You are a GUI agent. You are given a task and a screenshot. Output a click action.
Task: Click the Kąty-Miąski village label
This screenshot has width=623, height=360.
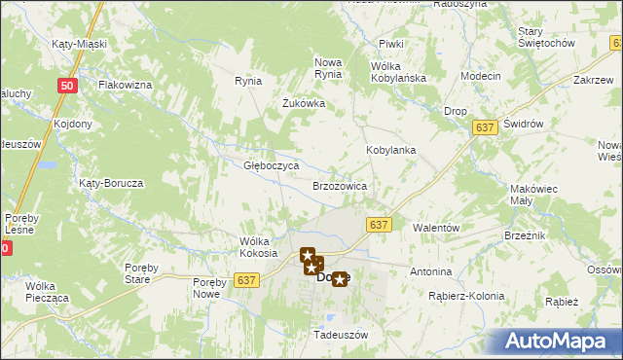78,45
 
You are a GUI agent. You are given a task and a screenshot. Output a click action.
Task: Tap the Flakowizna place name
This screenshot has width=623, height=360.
124,86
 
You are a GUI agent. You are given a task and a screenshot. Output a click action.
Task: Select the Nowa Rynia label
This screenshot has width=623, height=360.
328,68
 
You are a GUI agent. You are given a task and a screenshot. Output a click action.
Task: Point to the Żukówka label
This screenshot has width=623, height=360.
303,103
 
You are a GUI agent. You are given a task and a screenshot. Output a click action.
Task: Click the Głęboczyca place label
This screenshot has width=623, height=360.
270,166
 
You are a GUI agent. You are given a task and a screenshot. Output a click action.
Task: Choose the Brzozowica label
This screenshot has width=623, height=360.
339,185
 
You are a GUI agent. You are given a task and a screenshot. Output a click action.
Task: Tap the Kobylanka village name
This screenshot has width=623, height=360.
391,151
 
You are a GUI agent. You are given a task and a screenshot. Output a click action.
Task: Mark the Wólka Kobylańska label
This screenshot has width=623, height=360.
393,72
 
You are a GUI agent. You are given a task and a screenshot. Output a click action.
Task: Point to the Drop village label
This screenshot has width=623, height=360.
456,112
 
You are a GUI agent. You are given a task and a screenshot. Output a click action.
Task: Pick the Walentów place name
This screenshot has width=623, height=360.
435,227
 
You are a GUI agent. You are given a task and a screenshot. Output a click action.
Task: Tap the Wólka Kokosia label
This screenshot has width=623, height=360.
258,247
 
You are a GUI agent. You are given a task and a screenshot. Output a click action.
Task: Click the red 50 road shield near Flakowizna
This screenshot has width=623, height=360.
66,87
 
